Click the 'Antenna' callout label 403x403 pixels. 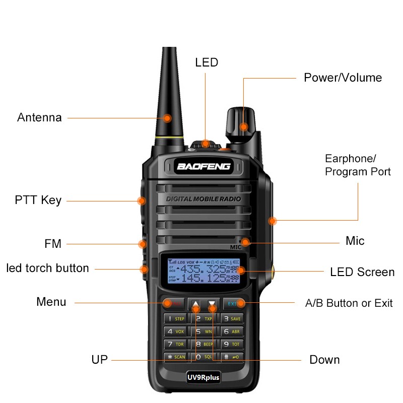click(x=39, y=118)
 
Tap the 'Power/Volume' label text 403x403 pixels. click(x=343, y=78)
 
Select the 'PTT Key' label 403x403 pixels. click(x=38, y=200)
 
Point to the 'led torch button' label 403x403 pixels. click(x=47, y=268)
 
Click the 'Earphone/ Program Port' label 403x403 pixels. click(x=358, y=165)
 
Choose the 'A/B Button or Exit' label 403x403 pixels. click(x=349, y=303)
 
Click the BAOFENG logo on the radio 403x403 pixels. click(x=204, y=166)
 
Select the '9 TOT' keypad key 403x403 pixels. click(x=232, y=345)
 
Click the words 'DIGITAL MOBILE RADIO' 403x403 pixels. click(x=203, y=199)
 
